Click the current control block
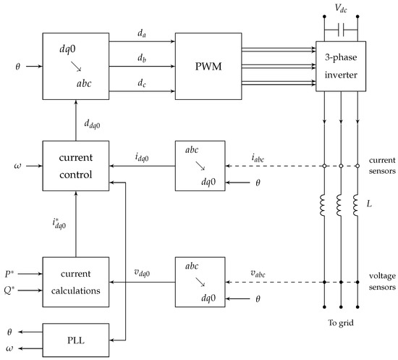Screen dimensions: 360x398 pyautogui.click(x=75, y=166)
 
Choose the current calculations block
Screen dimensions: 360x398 pyautogui.click(x=75, y=282)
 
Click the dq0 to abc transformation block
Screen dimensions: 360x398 pyautogui.click(x=75, y=67)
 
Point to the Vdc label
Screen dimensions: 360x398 pyautogui.click(x=339, y=9)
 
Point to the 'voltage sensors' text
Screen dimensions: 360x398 pyautogui.click(x=381, y=282)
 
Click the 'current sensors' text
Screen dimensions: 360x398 pyautogui.click(x=381, y=166)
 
